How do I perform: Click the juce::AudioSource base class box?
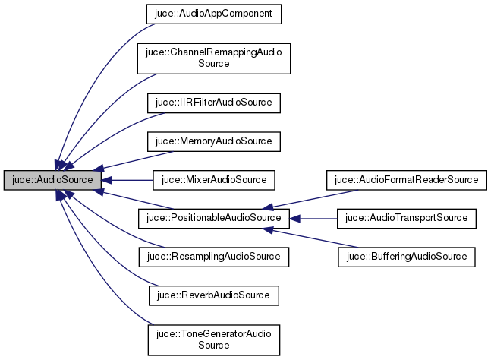(52, 180)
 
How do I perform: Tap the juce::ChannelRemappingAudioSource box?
(213, 58)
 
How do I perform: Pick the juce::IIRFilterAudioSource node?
(207, 101)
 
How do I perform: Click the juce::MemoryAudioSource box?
(207, 141)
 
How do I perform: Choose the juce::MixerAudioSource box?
(212, 180)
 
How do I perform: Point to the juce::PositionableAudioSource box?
(213, 219)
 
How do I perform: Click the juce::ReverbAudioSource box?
(207, 293)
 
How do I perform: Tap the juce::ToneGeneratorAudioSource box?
(213, 339)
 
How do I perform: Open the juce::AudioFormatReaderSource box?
(406, 180)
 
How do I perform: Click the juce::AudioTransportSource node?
(406, 219)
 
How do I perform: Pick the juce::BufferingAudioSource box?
(406, 257)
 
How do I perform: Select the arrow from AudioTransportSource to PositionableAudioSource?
(315, 219)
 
